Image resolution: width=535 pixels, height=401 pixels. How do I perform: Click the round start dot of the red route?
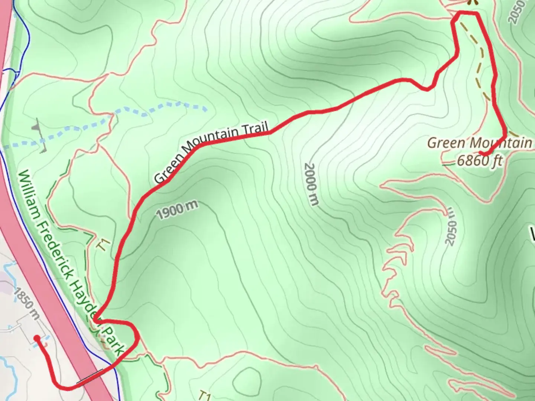pyautogui.click(x=37, y=338)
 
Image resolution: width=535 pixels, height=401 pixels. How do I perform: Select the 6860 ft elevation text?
pyautogui.click(x=479, y=162)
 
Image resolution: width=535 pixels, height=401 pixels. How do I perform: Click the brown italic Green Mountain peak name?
pyautogui.click(x=479, y=143)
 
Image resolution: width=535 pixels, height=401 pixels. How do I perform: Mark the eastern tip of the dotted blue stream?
pyautogui.click(x=205, y=109)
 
